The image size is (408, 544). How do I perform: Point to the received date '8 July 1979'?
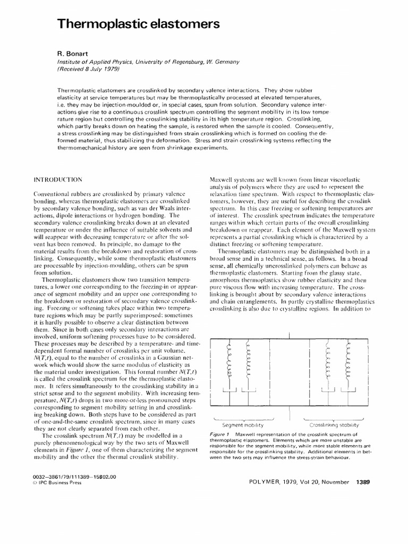coord(100,69)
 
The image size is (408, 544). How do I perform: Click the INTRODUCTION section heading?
coord(59,180)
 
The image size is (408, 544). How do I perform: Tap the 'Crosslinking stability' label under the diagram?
coord(334,425)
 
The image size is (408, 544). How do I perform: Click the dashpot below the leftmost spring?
coord(231,391)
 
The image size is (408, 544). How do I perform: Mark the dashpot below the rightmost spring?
coord(348,391)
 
